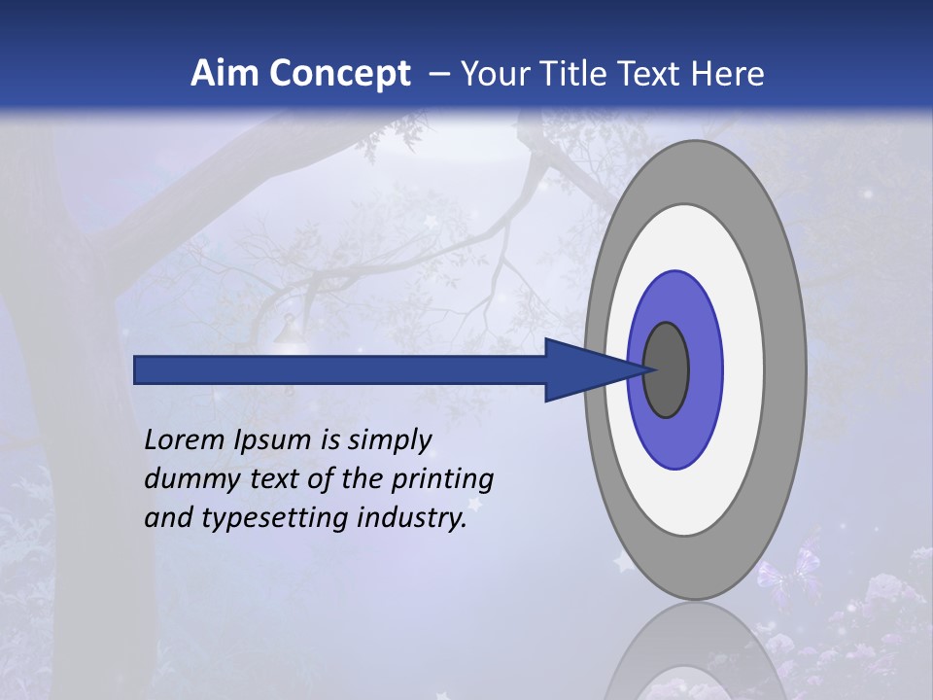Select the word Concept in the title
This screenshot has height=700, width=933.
(339, 73)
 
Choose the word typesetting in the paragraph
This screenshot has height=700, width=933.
(277, 519)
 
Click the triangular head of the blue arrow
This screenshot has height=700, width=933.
(583, 369)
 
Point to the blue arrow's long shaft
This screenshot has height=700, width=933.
(340, 369)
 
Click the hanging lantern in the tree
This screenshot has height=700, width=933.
(289, 332)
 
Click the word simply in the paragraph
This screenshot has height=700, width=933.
(389, 441)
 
